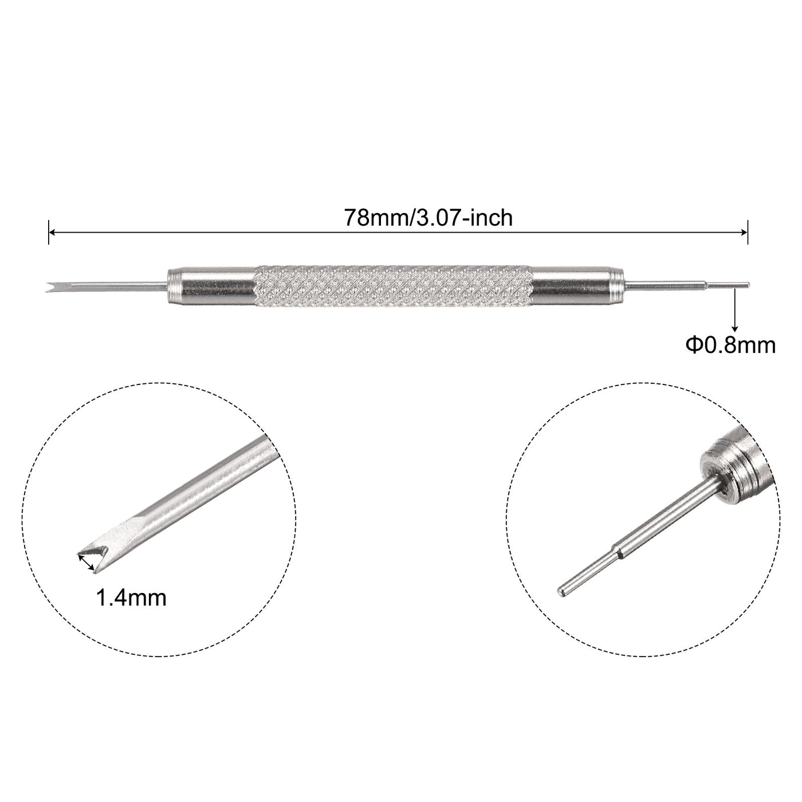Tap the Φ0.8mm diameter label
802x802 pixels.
coord(730,345)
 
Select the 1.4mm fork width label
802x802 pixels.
coord(131,598)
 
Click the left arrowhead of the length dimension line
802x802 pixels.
coord(52,233)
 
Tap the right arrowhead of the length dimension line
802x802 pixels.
coord(744,233)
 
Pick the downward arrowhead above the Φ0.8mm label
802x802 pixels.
coord(734,324)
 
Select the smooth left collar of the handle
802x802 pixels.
coord(211,284)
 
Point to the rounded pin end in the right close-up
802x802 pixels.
coord(562,589)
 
